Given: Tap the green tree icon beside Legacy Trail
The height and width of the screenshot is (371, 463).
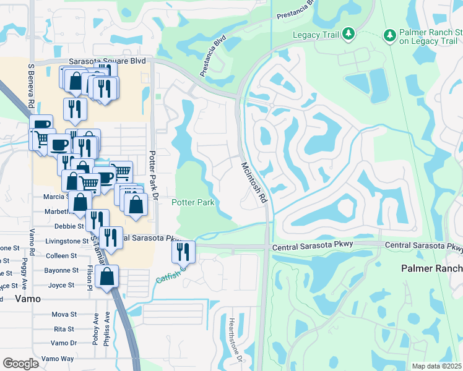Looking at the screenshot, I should tap(348, 32).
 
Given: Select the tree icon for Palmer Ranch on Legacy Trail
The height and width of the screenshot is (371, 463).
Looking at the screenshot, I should tap(389, 32).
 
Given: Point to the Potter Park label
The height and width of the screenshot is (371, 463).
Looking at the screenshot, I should tap(193, 202).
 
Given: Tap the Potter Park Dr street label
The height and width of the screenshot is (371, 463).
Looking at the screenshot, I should tap(155, 174).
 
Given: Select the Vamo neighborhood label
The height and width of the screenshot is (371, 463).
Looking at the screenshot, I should tap(28, 298).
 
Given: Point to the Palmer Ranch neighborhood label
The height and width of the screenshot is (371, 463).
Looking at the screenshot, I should tap(431, 268).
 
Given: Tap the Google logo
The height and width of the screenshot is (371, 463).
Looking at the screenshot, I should tap(20, 364).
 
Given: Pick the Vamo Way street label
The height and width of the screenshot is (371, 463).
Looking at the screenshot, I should tap(58, 359).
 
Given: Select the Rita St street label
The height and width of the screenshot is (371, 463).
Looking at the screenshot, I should tap(64, 329).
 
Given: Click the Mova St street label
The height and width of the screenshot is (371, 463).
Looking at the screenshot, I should tap(64, 314).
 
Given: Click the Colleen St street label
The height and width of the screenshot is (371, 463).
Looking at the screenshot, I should tap(61, 255).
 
